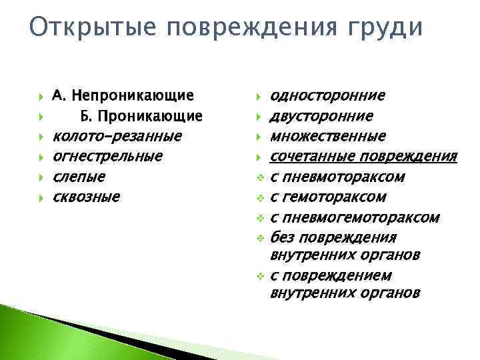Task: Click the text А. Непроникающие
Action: coord(123,96)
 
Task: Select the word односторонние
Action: coord(327,96)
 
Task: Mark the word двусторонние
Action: coord(321,117)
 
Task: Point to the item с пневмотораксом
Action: coord(337,177)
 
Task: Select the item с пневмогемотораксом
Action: coord(355,217)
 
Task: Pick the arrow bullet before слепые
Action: coord(41,177)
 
